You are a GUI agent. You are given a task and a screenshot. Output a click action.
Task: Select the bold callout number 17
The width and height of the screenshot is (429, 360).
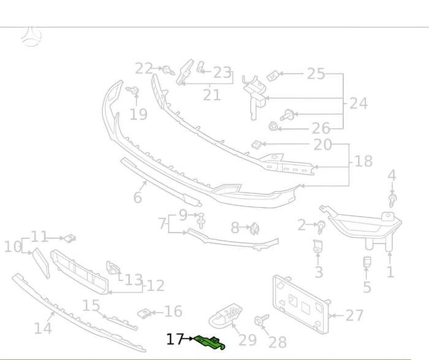[x=175, y=339]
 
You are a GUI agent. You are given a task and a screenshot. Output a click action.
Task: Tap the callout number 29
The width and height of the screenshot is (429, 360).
[x=248, y=340]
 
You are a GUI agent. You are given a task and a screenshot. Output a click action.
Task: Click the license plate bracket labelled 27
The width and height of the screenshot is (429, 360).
[x=301, y=304]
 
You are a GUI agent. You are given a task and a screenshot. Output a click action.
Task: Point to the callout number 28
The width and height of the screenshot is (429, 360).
[x=278, y=342]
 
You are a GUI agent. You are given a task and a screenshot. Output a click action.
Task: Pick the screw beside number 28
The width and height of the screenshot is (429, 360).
[x=262, y=320]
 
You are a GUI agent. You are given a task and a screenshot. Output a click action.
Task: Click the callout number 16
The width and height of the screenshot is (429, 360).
[x=173, y=312]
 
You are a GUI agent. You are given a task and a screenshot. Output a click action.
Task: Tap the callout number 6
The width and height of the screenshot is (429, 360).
[x=138, y=197]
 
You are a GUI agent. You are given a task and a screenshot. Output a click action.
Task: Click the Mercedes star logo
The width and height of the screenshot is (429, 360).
[x=31, y=36]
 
